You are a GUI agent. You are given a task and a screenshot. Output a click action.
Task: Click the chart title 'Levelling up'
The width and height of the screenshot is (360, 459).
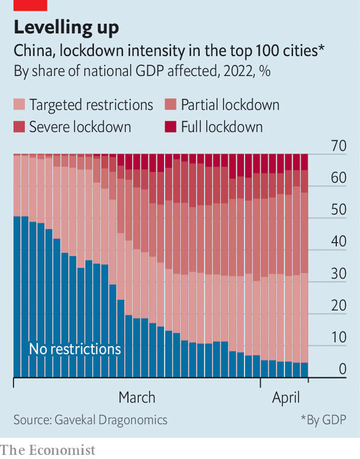point(66,27)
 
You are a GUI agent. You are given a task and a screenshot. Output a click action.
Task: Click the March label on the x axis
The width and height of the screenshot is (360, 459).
point(137,397)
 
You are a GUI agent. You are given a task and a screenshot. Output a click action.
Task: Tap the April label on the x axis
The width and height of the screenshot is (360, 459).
point(286,398)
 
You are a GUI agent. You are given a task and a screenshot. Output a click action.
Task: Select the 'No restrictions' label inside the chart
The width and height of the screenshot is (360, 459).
point(75,349)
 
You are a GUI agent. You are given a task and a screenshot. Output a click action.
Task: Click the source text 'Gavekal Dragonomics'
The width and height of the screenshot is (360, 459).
point(111,420)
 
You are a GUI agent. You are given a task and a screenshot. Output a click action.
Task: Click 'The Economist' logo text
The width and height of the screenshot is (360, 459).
point(47,450)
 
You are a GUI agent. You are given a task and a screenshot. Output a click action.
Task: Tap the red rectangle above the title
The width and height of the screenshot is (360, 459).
point(30,5)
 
